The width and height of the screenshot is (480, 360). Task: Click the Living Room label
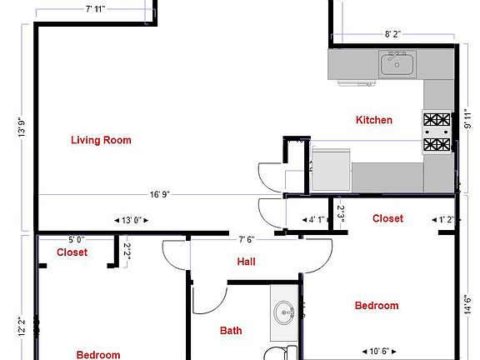(x=101, y=140)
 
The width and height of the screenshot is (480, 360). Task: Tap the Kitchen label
(x=374, y=120)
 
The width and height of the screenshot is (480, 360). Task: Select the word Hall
(x=246, y=262)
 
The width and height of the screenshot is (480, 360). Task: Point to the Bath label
(x=231, y=331)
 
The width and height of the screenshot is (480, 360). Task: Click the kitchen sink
(x=397, y=63)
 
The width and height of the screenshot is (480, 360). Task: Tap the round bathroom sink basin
(x=283, y=314)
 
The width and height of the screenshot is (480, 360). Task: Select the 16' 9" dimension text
(x=160, y=195)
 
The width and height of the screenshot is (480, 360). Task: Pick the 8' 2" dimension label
(x=393, y=35)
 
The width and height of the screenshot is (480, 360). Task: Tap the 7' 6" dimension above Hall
(x=247, y=239)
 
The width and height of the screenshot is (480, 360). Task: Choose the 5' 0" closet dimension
(x=76, y=239)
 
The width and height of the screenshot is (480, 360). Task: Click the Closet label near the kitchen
(x=387, y=218)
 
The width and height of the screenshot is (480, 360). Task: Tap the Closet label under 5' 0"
(x=72, y=252)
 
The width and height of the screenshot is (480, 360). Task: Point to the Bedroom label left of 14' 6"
(x=377, y=306)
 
